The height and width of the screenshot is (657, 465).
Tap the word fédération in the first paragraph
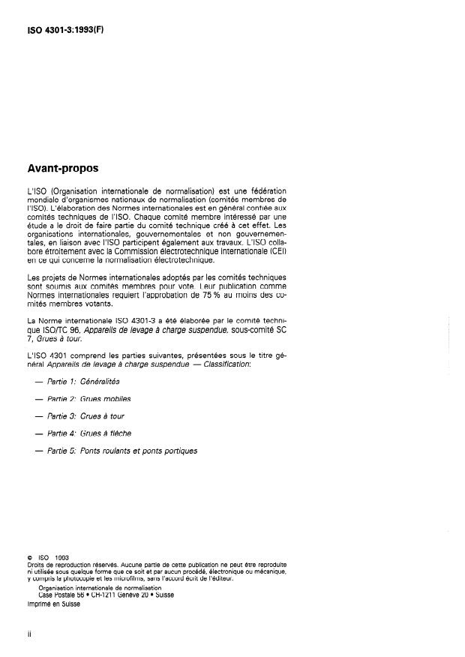(264, 191)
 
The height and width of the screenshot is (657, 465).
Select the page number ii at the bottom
(28, 633)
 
